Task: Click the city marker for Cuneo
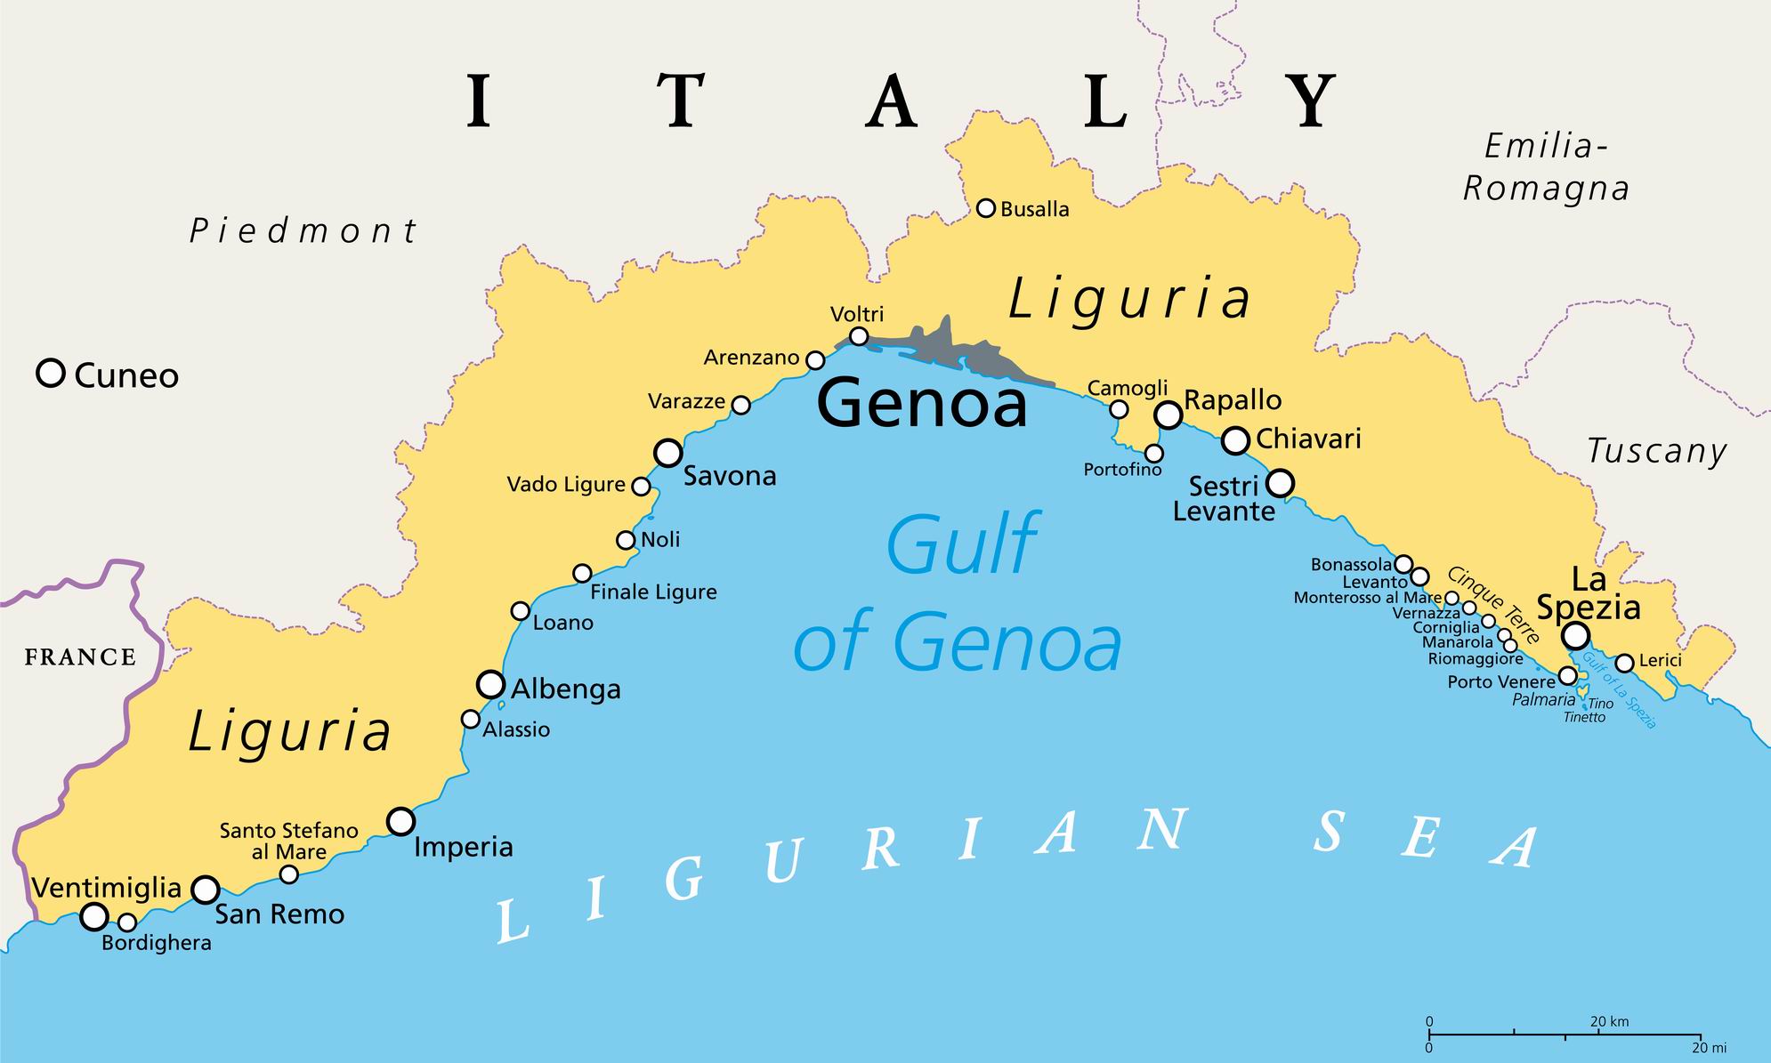(x=51, y=373)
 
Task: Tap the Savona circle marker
(x=668, y=453)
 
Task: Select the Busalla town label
(x=1034, y=210)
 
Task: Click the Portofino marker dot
(x=1153, y=454)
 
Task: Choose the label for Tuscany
(x=1657, y=451)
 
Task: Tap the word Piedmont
(x=303, y=231)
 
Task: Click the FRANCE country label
(x=80, y=657)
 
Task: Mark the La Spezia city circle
(x=1575, y=635)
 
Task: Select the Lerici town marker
(x=1624, y=663)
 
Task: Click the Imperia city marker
(x=401, y=820)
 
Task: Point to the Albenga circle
(x=490, y=685)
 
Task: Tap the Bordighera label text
(x=157, y=943)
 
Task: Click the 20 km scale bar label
(x=1609, y=1022)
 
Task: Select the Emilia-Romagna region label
(x=1546, y=167)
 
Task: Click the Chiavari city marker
(x=1235, y=439)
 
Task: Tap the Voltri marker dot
(x=859, y=336)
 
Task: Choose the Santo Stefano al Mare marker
(x=288, y=874)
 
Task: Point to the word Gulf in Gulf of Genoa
(x=961, y=544)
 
